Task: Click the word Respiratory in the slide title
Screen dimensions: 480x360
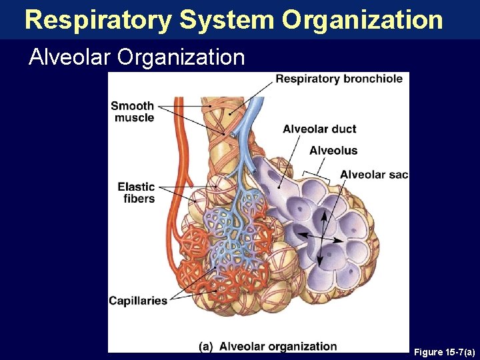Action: click(x=98, y=20)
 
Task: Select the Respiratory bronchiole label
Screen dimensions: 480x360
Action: click(x=339, y=79)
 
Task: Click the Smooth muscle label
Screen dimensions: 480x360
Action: click(x=133, y=111)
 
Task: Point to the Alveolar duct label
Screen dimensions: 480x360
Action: click(x=319, y=129)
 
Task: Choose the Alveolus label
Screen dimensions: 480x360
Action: click(x=333, y=151)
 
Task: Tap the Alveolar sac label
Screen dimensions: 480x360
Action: click(x=373, y=175)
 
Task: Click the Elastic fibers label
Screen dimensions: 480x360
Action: click(x=136, y=193)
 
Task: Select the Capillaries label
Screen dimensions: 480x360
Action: click(x=138, y=301)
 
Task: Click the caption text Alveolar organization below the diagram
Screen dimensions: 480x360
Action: click(x=278, y=346)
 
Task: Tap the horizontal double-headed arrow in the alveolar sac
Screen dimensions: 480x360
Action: click(x=320, y=237)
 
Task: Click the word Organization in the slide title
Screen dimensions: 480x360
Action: click(x=362, y=20)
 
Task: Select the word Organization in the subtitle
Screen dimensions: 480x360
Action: click(x=181, y=57)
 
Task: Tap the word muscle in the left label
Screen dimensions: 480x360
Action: click(x=134, y=118)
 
